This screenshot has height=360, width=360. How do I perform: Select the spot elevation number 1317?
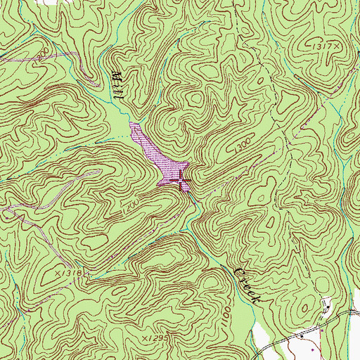tap(321, 44)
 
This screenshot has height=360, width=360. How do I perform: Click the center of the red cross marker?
tap(181, 181)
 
